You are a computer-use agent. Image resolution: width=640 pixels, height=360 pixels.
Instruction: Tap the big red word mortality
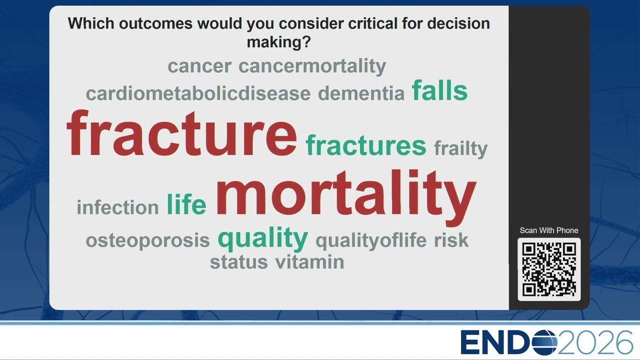pos(346,197)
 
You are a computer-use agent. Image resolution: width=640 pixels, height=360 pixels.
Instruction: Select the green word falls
pos(439,90)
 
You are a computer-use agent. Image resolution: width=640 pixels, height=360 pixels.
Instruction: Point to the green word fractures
pos(365,145)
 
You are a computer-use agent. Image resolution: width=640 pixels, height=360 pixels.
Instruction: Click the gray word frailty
pos(460,149)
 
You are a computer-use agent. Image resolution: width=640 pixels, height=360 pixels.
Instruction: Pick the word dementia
pos(361,93)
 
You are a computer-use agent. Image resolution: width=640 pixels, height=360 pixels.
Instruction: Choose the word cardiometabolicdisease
pos(198,93)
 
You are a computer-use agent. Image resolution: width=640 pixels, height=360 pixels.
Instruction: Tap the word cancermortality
pos(312,66)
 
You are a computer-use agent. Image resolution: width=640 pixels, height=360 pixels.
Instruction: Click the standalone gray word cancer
pos(199,66)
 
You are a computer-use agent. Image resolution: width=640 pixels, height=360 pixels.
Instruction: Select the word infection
pos(117,206)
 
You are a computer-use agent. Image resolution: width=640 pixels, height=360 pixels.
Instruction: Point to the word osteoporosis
pos(147,240)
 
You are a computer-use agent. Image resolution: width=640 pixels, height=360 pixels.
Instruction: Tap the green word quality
pos(263,238)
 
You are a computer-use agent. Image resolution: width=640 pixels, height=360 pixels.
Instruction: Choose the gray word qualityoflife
pos(371,240)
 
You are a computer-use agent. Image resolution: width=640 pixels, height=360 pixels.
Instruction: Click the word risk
pos(451,240)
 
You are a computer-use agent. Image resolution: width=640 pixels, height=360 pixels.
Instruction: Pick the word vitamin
pos(309,261)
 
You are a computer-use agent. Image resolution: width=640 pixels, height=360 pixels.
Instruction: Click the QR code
pos(549,269)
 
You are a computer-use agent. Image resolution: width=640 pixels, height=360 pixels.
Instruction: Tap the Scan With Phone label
pos(549,230)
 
